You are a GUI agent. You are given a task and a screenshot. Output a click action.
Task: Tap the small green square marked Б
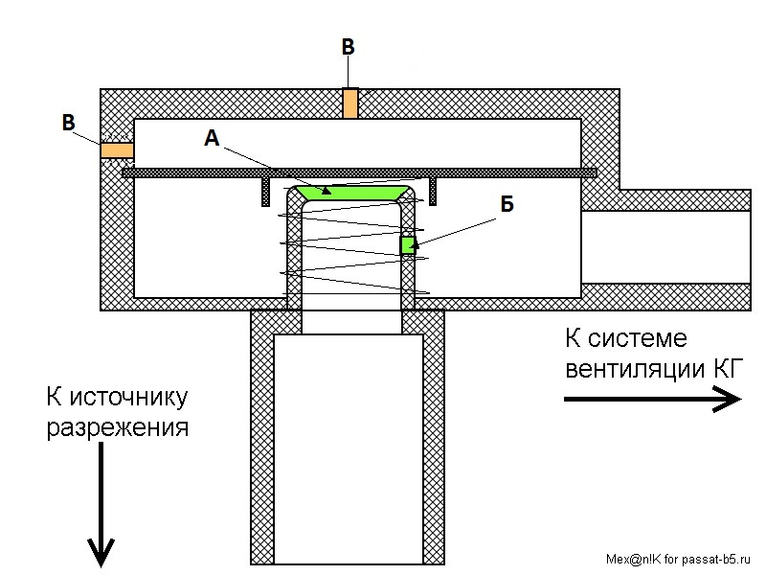pyautogui.click(x=408, y=245)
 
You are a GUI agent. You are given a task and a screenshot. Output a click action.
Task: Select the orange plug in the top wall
pyautogui.click(x=349, y=103)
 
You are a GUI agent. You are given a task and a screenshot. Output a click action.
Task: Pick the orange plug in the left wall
pyautogui.click(x=117, y=150)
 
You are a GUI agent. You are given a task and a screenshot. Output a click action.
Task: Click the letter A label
pyautogui.click(x=212, y=138)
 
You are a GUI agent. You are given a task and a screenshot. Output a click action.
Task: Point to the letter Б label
pyautogui.click(x=507, y=204)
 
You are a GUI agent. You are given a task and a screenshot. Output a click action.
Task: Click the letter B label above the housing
pyautogui.click(x=348, y=47)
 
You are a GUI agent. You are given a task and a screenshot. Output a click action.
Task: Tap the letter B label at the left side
pyautogui.click(x=68, y=123)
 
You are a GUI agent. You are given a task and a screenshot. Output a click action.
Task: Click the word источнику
pyautogui.click(x=128, y=397)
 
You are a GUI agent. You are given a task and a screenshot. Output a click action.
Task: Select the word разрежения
pyautogui.click(x=118, y=427)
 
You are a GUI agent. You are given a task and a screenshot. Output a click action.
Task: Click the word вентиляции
pyautogui.click(x=633, y=369)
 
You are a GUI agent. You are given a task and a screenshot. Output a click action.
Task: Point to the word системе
pyautogui.click(x=638, y=338)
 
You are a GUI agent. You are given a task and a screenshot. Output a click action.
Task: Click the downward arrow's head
pyautogui.click(x=101, y=552)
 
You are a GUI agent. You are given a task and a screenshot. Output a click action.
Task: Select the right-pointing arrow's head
pyautogui.click(x=728, y=399)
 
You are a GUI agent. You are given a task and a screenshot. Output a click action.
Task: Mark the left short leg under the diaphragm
pyautogui.click(x=266, y=191)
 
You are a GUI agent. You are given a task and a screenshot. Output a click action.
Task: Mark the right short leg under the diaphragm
pyautogui.click(x=433, y=191)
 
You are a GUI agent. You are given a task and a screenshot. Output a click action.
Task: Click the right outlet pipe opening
pyautogui.click(x=665, y=247)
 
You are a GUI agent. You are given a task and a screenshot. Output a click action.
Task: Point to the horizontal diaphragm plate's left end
pyautogui.click(x=123, y=172)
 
